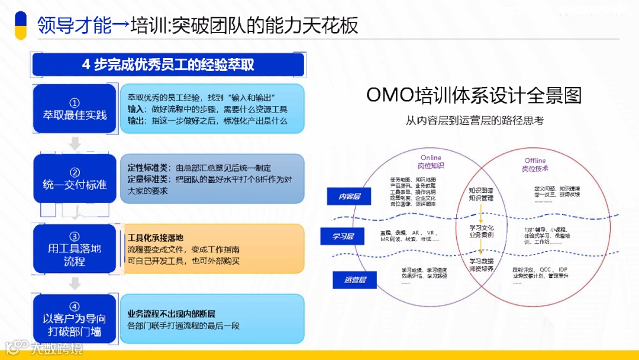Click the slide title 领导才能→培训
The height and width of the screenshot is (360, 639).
pos(198,25)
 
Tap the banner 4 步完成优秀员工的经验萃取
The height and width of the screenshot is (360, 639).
pos(168,65)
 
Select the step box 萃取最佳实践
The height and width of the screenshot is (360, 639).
pos(75,109)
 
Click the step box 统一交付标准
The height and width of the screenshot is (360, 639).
pos(75,179)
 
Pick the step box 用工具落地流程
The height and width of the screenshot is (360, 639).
pos(75,249)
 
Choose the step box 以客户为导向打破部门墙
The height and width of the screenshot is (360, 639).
pos(75,319)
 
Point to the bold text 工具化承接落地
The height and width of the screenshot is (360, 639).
pos(155,237)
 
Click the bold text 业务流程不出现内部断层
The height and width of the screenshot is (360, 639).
pos(172,313)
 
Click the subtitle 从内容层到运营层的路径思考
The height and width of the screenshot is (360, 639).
pos(475,120)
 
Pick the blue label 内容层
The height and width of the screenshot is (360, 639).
pos(349,197)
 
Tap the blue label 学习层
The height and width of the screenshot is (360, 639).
pos(343,237)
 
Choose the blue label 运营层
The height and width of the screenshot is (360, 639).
pos(356,279)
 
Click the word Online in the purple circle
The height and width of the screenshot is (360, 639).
pos(431,158)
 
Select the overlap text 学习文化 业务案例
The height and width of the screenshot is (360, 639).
pos(482,231)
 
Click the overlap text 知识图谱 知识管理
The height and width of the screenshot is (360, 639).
pos(481,195)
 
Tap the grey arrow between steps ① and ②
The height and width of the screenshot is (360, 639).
pos(75,144)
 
